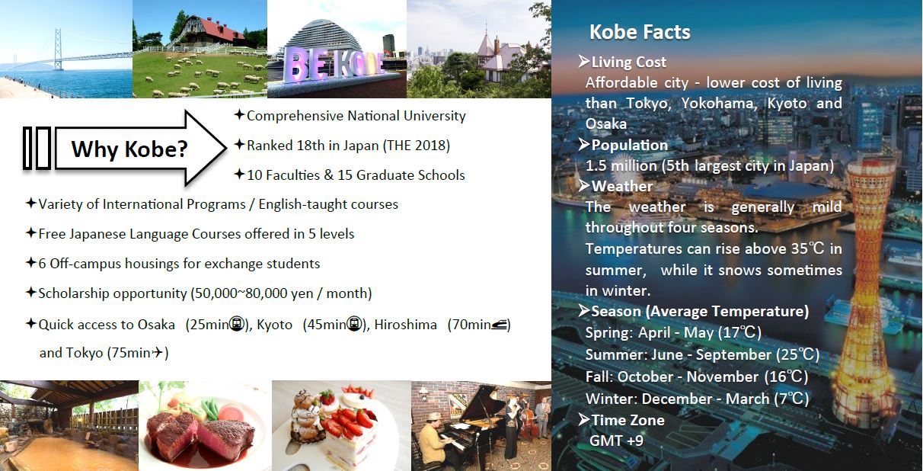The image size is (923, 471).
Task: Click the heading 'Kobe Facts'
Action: click(x=640, y=32)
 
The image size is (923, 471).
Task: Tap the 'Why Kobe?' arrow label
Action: click(x=129, y=149)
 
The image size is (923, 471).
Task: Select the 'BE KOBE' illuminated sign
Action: click(x=334, y=65)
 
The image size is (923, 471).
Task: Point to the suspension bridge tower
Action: click(x=58, y=49)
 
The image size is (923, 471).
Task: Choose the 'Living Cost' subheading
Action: click(x=628, y=62)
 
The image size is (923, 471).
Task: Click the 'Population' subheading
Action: click(x=630, y=145)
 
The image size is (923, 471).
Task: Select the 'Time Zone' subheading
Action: click(x=628, y=420)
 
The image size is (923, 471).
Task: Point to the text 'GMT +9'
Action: click(x=616, y=441)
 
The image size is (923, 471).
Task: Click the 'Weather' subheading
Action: click(x=622, y=186)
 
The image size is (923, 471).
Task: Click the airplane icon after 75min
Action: click(x=158, y=352)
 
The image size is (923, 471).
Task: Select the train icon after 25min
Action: click(x=237, y=324)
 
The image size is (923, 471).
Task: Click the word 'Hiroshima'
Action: click(x=405, y=325)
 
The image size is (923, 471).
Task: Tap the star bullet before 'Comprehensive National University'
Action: click(x=239, y=114)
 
